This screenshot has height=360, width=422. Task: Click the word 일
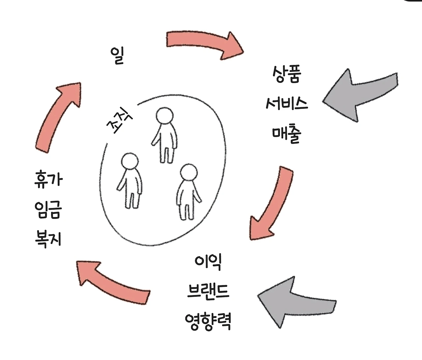coord(118,56)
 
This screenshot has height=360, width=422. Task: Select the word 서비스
coord(286,104)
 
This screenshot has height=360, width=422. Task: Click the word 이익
coord(208,262)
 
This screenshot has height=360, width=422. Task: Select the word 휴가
coord(48,180)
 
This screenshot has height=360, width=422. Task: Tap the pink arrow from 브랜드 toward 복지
coord(112,280)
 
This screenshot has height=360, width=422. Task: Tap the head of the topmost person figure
coord(164,116)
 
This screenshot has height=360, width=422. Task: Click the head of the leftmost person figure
coord(130,162)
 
